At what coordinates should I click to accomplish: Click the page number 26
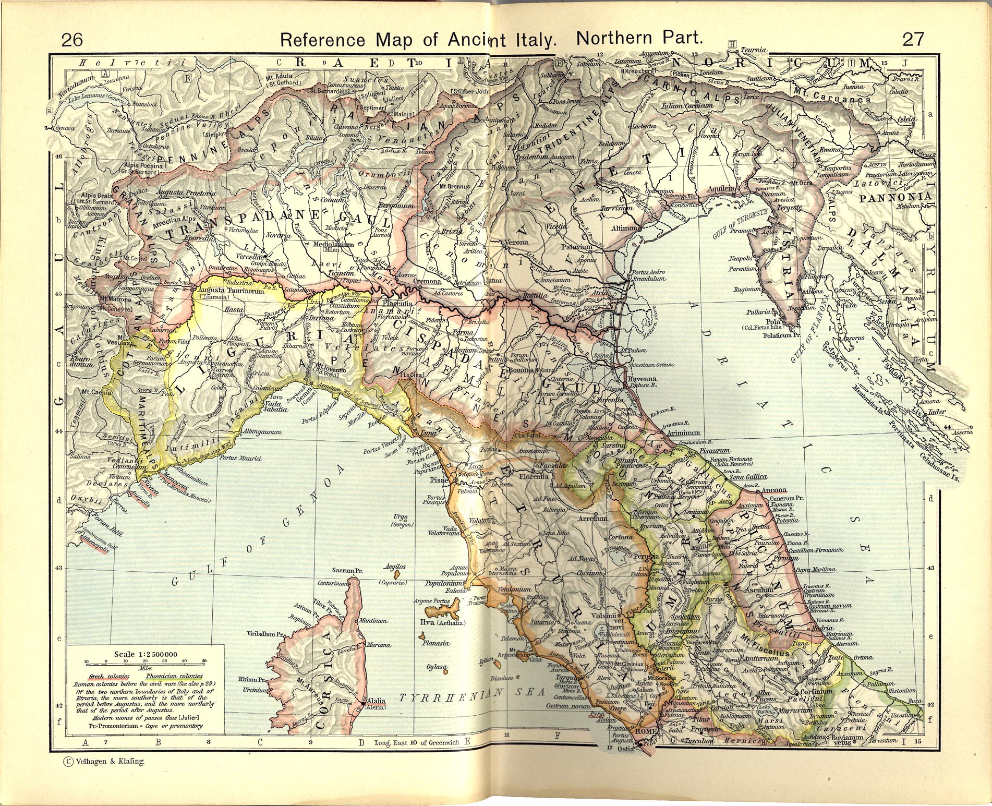(72, 39)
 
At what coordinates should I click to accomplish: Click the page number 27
(913, 39)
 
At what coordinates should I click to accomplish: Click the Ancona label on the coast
(774, 490)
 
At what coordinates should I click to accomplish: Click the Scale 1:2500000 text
(146, 654)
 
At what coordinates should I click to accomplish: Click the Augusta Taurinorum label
(232, 291)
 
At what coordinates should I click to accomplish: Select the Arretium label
(593, 519)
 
